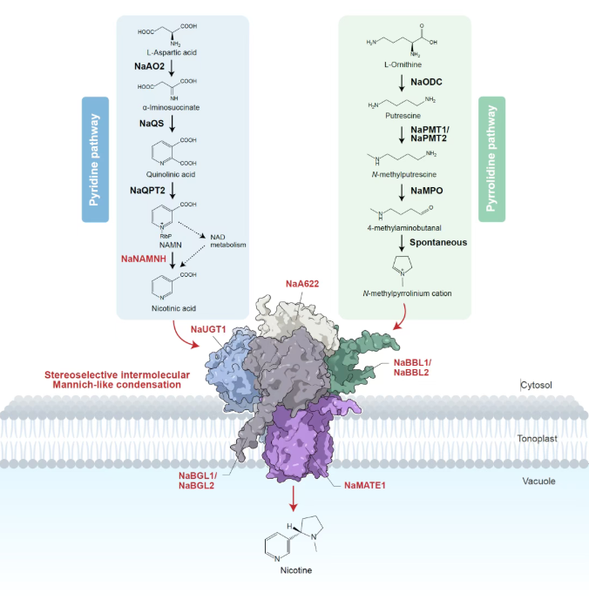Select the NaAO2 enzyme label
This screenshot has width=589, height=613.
(x=150, y=65)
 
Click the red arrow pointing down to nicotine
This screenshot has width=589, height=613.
(x=294, y=499)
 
